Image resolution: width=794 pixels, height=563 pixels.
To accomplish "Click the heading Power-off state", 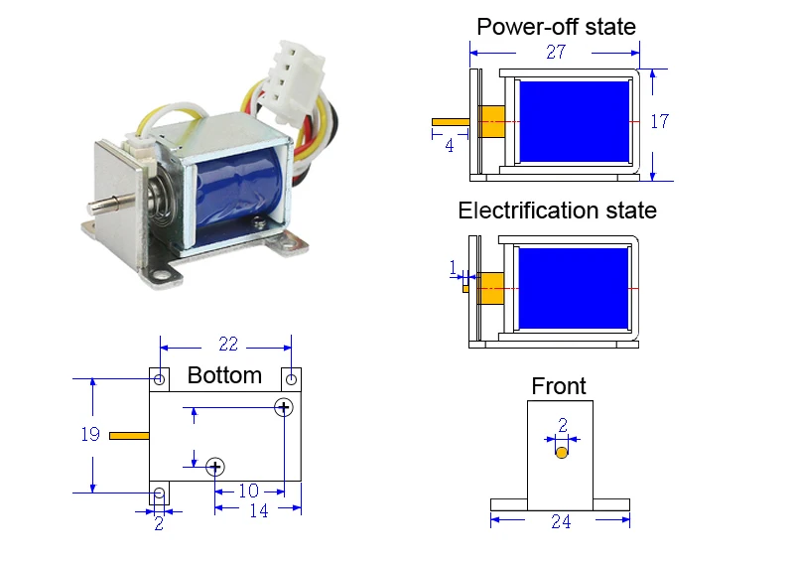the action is (x=556, y=27).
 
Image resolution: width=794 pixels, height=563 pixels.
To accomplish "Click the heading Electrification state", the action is (x=557, y=211).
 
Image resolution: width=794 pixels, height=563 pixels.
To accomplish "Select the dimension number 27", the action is (x=556, y=52).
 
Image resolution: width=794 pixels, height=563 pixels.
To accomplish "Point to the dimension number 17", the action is (x=659, y=121).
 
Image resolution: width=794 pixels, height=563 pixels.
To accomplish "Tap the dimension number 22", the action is (x=228, y=345).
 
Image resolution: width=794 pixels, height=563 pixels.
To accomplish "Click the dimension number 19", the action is (x=90, y=434).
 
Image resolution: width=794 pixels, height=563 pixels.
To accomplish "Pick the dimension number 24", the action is (x=561, y=521).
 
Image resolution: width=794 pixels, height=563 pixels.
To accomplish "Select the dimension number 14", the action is (x=259, y=510).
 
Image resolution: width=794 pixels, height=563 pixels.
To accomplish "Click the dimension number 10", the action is (x=249, y=491).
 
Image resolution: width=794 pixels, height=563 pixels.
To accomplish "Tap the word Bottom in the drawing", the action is (x=224, y=375).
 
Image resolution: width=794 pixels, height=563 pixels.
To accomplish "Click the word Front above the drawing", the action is (x=559, y=386).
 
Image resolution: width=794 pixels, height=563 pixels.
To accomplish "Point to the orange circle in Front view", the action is (x=562, y=453).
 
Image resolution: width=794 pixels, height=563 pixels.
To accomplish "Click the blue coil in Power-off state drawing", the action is (x=575, y=121).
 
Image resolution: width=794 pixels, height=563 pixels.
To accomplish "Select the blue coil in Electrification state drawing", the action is (x=574, y=288).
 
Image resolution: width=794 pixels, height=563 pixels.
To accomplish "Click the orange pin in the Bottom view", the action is (x=129, y=436).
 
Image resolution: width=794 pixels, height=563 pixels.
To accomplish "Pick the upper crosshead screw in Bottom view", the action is (x=284, y=407).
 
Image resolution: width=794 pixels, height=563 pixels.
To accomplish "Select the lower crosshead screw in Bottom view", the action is (x=215, y=467).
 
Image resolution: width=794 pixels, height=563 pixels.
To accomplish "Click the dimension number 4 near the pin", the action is (x=450, y=146).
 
